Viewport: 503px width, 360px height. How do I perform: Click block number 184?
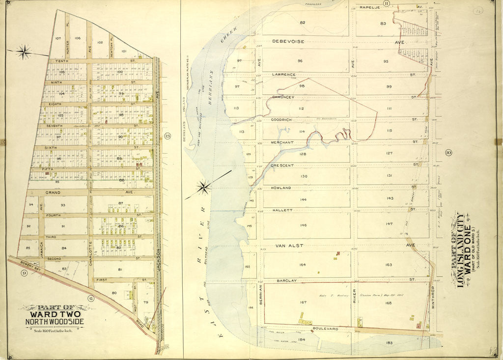click(x=301, y=339)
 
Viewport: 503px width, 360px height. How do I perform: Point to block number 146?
click(x=303, y=225)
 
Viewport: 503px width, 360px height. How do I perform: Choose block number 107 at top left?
click(x=57, y=38)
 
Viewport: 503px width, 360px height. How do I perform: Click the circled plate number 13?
click(x=167, y=136)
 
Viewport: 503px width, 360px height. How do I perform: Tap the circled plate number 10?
click(x=448, y=153)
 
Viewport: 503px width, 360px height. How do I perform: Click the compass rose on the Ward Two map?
click(x=24, y=51)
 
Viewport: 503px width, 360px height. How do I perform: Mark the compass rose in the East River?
click(x=203, y=187)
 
